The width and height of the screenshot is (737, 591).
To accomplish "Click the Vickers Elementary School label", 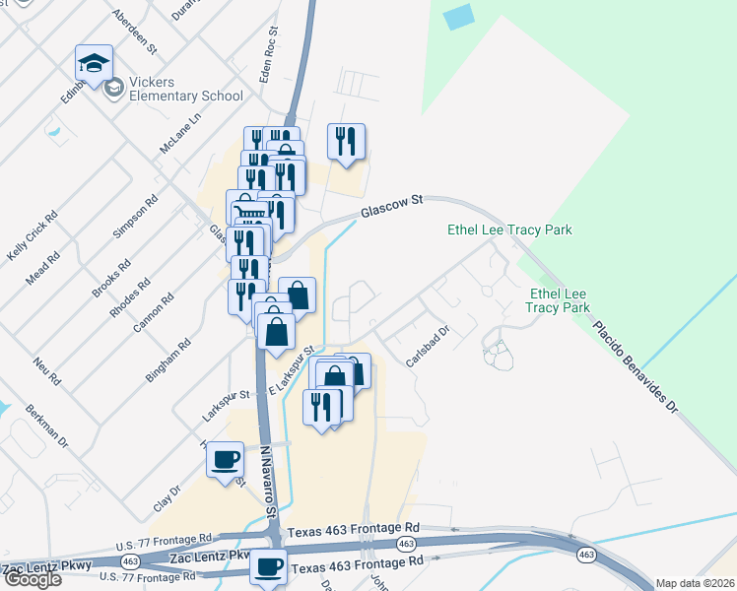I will coord(185,89).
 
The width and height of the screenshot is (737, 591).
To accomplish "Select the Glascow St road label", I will coord(391,205).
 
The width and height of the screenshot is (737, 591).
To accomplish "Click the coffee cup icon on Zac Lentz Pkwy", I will coord(268,567).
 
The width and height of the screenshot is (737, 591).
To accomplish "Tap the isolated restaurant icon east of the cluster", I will coord(346,142).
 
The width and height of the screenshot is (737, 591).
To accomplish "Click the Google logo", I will coord(32,579).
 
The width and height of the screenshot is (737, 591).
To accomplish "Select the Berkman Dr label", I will coord(46,427).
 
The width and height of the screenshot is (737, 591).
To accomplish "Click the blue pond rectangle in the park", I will coord(458,17).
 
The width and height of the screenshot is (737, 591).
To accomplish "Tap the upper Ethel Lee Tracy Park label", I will coord(509,230).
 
